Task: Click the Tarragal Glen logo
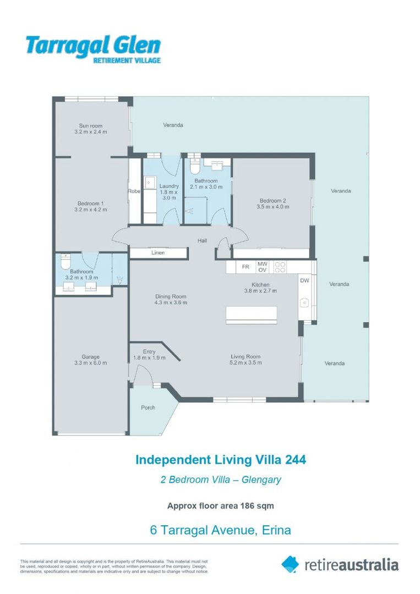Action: (93, 49)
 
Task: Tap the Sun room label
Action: (91, 126)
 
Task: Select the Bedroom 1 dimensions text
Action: (91, 210)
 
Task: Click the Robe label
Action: (134, 191)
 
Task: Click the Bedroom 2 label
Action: (272, 200)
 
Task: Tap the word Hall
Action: (203, 241)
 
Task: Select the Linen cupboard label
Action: (158, 253)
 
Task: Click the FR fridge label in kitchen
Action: (246, 267)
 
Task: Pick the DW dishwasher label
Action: (304, 280)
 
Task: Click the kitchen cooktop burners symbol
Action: (280, 267)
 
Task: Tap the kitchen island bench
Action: (252, 315)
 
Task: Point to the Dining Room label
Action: (171, 296)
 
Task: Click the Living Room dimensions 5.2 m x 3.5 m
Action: (246, 363)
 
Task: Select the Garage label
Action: (90, 356)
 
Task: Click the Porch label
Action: (148, 408)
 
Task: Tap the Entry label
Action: (149, 351)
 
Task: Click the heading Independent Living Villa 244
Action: (221, 459)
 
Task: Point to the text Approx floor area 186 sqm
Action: (220, 505)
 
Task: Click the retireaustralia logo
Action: (340, 564)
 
